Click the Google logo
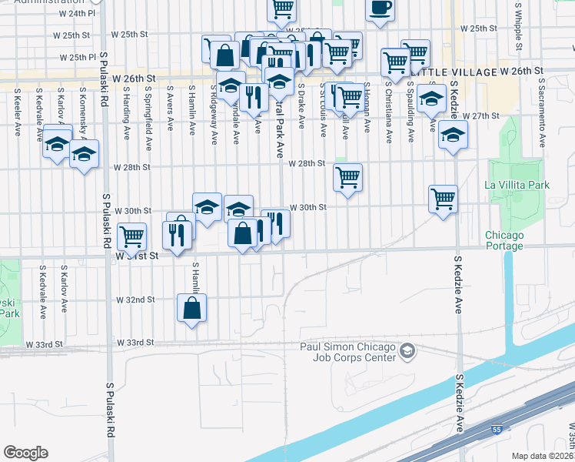(x=25, y=453)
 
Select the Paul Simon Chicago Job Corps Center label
(x=347, y=353)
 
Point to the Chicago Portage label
(x=504, y=240)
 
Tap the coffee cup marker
(x=379, y=8)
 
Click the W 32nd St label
(x=135, y=299)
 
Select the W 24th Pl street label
(x=75, y=13)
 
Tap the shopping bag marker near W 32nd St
(x=191, y=309)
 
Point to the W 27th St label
(x=481, y=115)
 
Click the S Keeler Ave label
(x=17, y=112)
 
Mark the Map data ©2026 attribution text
(x=542, y=456)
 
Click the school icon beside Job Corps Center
(x=407, y=352)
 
